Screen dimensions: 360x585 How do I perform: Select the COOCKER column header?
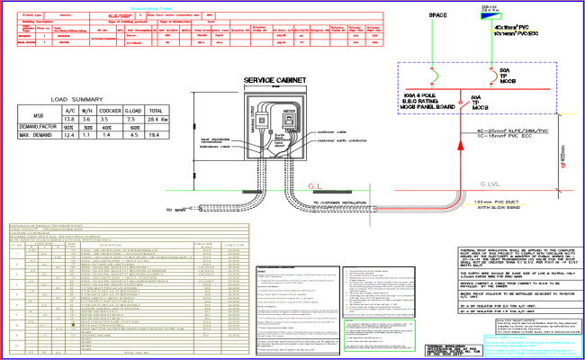(109, 109)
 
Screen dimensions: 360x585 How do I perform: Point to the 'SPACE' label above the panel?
(438, 16)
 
